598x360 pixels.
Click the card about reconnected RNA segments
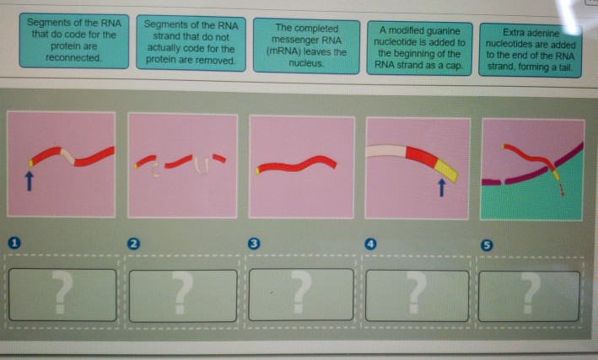pyautogui.click(x=74, y=40)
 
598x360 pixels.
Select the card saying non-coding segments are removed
pyautogui.click(x=191, y=43)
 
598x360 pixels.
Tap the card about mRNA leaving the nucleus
pyautogui.click(x=306, y=46)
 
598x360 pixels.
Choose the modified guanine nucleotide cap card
pyautogui.click(x=419, y=48)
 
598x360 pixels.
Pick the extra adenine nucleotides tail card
pyautogui.click(x=531, y=50)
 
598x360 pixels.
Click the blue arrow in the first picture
pyautogui.click(x=29, y=180)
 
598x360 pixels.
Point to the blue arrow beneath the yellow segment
pyautogui.click(x=441, y=188)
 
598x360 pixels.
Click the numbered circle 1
pyautogui.click(x=14, y=243)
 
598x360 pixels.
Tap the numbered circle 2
pyautogui.click(x=133, y=244)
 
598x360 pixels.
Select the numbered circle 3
pyautogui.click(x=254, y=244)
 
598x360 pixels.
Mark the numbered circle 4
pyautogui.click(x=370, y=244)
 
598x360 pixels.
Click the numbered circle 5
pyautogui.click(x=487, y=245)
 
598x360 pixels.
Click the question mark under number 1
pyautogui.click(x=62, y=292)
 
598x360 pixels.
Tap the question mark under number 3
pyautogui.click(x=300, y=293)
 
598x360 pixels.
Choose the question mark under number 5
pyautogui.click(x=531, y=293)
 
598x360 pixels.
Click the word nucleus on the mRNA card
pyautogui.click(x=306, y=63)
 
